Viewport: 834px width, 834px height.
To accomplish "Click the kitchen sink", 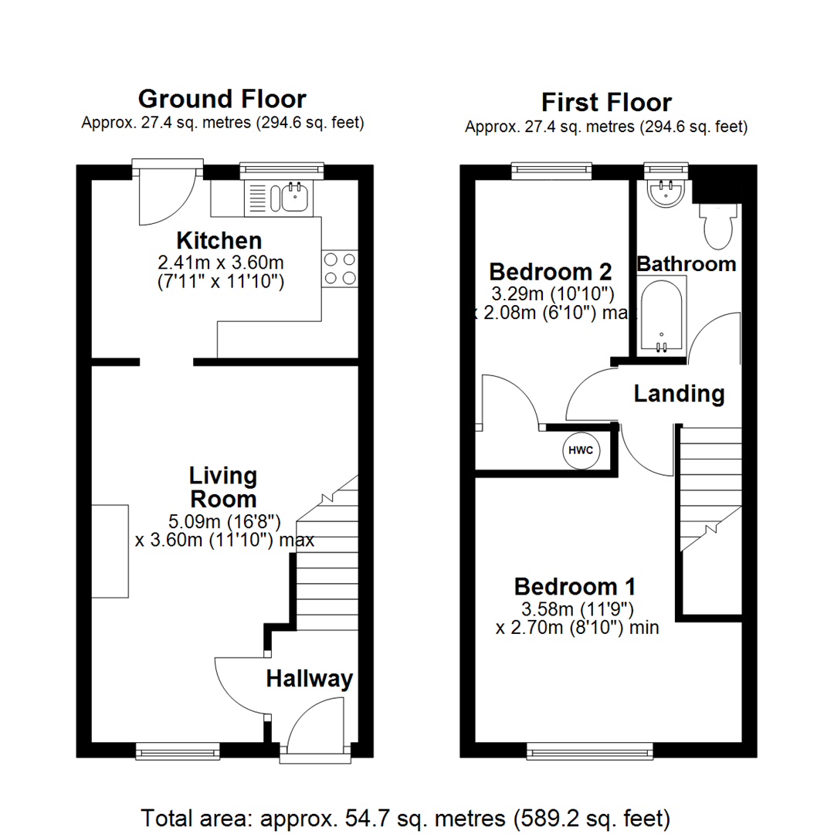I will coord(293,198).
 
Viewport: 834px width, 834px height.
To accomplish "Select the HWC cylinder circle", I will coord(581,450).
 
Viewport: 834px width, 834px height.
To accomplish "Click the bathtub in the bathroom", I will coord(660,317).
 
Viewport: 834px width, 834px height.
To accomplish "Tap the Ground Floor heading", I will coord(222,99).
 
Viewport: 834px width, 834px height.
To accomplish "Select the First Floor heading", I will coord(606,102).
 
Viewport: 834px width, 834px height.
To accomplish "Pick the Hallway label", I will coord(309,679).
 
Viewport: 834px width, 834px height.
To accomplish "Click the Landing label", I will coord(679,394).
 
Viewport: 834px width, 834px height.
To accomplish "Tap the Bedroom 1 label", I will coord(575,585).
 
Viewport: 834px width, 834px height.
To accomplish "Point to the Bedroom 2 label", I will coord(551,272).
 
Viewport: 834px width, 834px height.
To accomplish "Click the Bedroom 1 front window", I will coord(590,749).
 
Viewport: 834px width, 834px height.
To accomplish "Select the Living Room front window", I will coord(177,749).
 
